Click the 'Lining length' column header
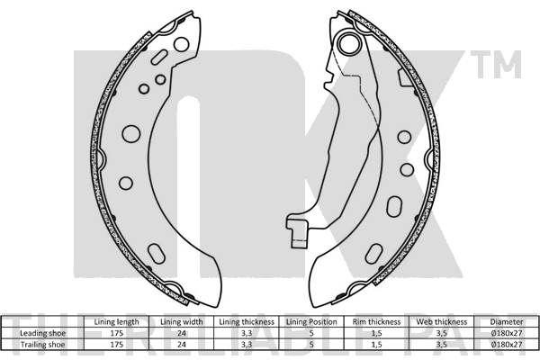click(116, 322)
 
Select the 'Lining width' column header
click(182, 322)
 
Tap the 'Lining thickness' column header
click(247, 322)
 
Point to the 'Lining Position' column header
click(311, 322)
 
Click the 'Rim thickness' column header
click(376, 322)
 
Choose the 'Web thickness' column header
click(442, 322)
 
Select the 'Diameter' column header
click(507, 322)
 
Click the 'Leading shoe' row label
click(42, 333)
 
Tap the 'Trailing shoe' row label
click(42, 344)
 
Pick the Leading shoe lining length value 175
click(116, 333)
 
